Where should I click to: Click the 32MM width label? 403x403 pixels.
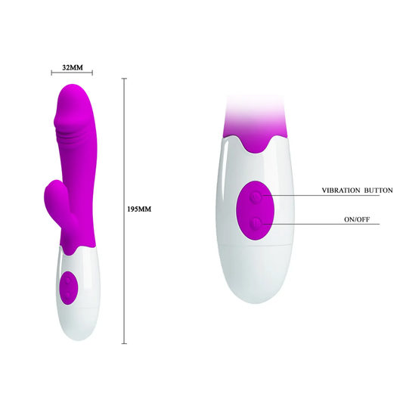point(72,67)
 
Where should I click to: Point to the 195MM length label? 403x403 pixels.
point(141,208)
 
